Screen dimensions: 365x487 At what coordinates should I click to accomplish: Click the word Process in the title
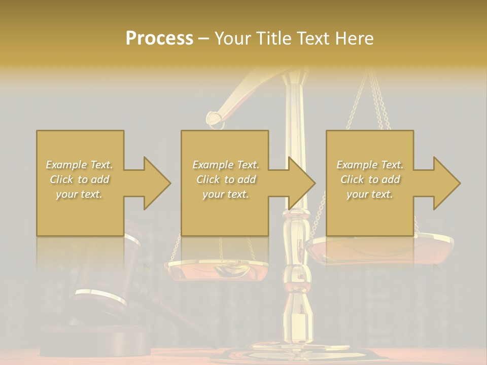click(159, 39)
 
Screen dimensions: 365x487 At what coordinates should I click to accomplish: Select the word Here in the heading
click(354, 39)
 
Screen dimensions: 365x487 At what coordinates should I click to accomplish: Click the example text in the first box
click(79, 179)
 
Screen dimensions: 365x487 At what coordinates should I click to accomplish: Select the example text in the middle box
click(225, 179)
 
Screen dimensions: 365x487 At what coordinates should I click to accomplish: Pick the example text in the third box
click(369, 179)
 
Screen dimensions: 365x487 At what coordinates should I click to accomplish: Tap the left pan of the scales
click(200, 269)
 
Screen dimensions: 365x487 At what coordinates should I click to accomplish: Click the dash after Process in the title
click(204, 39)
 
